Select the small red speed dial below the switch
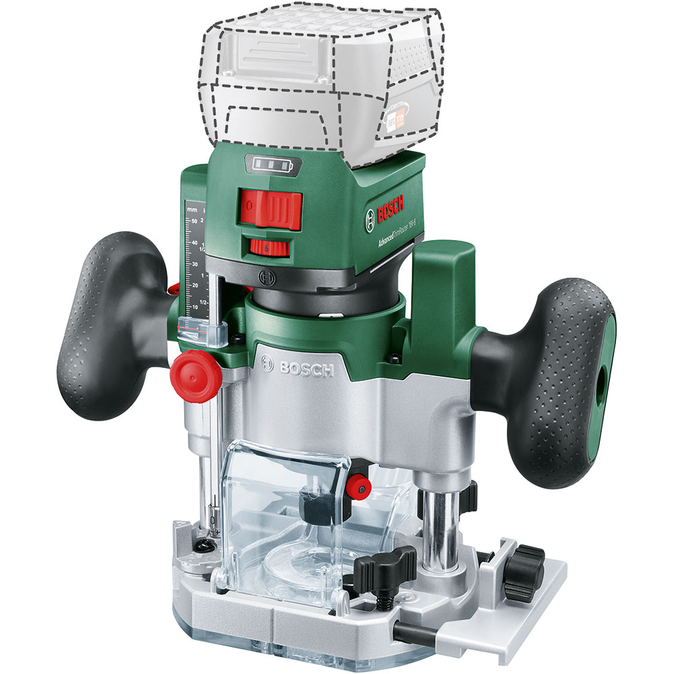point(270,247)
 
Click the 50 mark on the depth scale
point(193,220)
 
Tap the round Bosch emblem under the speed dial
point(269,276)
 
